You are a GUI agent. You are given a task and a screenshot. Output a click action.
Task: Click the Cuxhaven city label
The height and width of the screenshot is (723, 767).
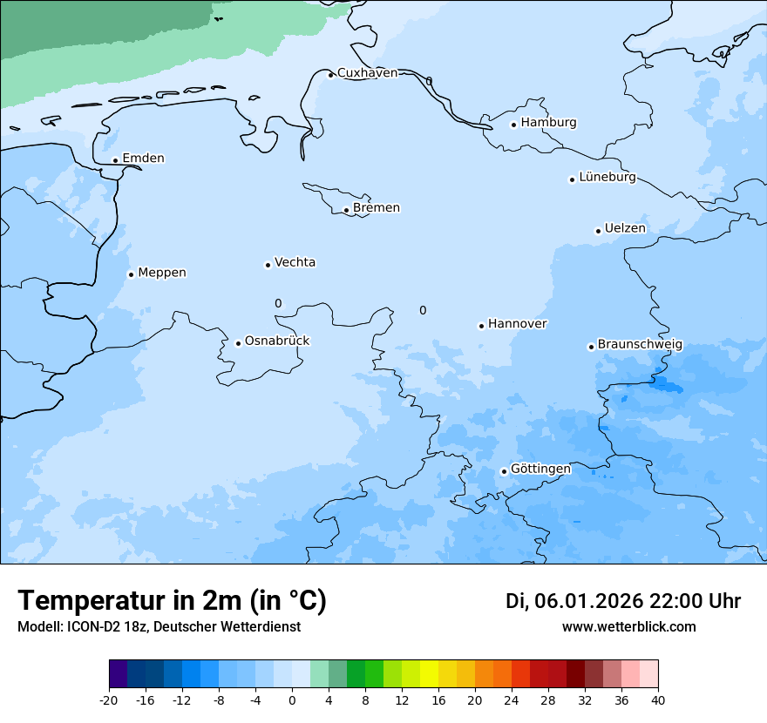[367, 73]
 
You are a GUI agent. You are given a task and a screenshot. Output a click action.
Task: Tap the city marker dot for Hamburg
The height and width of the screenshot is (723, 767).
[513, 125]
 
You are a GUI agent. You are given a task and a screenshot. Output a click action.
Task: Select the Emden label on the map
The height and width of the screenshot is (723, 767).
[143, 159]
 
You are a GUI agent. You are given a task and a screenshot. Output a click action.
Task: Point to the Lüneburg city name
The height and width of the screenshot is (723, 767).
[607, 178]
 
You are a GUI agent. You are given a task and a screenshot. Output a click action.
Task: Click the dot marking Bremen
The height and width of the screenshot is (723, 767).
[346, 210]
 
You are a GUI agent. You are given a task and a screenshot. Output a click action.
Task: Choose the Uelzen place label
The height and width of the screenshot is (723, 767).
[625, 229]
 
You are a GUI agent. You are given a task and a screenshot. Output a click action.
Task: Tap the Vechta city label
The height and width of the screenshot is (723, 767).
[295, 263]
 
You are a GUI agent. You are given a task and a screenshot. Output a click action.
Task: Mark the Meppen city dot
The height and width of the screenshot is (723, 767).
[131, 274]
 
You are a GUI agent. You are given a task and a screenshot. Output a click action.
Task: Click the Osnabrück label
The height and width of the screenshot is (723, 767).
[277, 341]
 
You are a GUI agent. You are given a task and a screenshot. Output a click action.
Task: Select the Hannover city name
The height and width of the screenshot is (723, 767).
[517, 324]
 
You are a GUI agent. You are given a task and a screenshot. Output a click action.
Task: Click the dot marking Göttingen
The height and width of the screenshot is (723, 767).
[504, 472]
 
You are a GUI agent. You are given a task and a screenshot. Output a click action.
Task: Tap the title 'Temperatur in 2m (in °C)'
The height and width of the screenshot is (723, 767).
[172, 601]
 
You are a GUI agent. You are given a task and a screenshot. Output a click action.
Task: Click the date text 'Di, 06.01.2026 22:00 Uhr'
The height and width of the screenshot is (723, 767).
[623, 601]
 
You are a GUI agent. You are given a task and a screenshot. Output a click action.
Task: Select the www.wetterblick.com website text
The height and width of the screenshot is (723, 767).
[628, 627]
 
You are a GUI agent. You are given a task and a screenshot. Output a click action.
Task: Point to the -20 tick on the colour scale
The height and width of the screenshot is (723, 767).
[109, 699]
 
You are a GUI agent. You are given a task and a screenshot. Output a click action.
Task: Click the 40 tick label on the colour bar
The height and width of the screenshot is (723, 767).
[658, 699]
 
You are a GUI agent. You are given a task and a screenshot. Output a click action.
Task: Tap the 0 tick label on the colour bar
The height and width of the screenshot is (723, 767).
[292, 699]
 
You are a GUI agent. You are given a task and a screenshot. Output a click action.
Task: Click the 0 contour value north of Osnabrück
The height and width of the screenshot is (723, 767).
[278, 303]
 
